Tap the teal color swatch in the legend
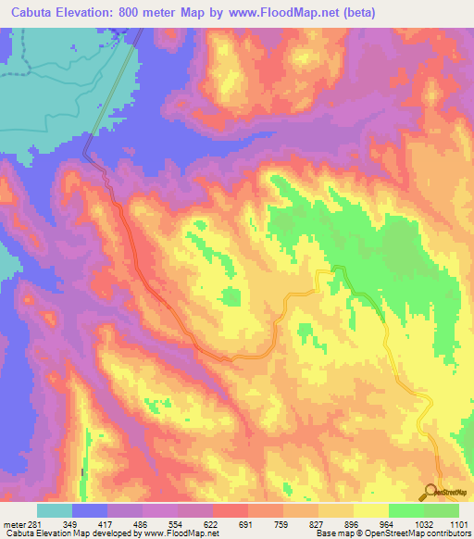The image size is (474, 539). (x=55, y=510)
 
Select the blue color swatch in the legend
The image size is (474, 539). (x=90, y=510)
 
